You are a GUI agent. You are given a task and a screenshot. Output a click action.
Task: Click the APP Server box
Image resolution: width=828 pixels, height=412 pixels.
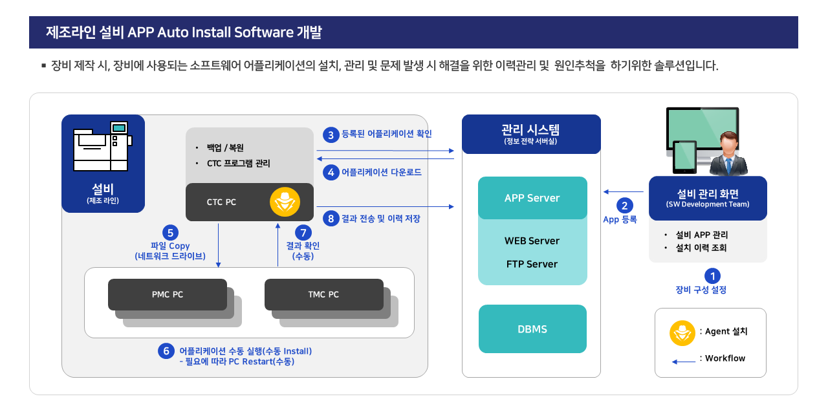[x=532, y=198]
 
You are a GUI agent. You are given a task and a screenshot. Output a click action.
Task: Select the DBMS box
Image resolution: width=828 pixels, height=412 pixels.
[x=532, y=329]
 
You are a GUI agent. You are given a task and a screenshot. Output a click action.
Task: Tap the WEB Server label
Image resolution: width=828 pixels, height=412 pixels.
[x=532, y=241]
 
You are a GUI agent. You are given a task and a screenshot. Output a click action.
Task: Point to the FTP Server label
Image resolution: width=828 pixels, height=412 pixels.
[x=532, y=264]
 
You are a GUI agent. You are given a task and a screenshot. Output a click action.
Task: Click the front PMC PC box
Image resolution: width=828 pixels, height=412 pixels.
[x=168, y=294]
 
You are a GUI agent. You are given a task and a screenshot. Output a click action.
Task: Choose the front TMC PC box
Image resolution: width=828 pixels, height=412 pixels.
[x=324, y=294]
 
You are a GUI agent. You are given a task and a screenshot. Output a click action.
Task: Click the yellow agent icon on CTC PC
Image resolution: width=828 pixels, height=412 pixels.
[x=285, y=202]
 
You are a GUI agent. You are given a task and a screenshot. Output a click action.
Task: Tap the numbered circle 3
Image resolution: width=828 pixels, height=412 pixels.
[x=331, y=135]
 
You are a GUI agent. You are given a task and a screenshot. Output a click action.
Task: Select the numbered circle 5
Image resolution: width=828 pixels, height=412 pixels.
[x=170, y=233]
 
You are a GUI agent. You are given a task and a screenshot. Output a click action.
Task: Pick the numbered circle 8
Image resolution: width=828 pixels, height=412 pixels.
[x=331, y=219]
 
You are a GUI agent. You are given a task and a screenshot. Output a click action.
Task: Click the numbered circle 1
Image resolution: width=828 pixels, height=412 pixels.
[x=712, y=276]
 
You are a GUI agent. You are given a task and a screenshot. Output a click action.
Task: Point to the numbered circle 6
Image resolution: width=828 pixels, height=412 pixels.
[x=166, y=351]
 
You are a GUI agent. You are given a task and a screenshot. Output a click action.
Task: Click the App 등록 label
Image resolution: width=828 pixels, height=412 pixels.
[x=620, y=219]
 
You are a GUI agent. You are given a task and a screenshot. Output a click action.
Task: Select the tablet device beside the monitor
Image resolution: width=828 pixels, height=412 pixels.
[x=684, y=157]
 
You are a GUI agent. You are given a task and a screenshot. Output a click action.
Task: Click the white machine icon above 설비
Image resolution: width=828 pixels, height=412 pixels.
[x=102, y=146]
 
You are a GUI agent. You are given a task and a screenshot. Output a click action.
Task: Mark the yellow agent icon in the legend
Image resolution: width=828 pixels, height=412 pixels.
[x=682, y=333]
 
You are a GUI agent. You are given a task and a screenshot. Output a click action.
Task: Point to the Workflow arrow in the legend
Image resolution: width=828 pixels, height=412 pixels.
[x=684, y=362]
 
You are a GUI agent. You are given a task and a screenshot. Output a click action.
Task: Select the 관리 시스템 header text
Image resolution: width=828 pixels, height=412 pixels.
[x=530, y=130]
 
